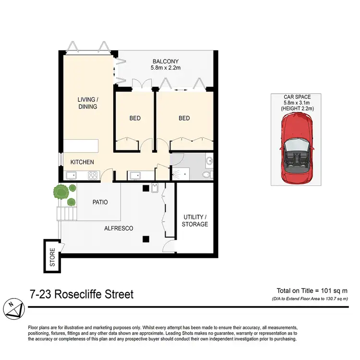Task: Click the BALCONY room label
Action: point(166,61)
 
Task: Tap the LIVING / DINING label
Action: point(87,103)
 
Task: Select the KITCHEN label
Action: point(82,162)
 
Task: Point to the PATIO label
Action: point(100,202)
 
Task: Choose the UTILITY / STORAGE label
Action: point(195,221)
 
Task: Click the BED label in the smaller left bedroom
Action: point(135,119)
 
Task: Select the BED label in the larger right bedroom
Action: point(184,119)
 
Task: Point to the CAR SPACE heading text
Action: point(297,97)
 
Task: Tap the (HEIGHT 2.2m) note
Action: point(297,109)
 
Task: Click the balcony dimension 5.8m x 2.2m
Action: point(166,68)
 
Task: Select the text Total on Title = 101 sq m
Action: point(312,290)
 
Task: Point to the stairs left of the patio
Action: point(67,213)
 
